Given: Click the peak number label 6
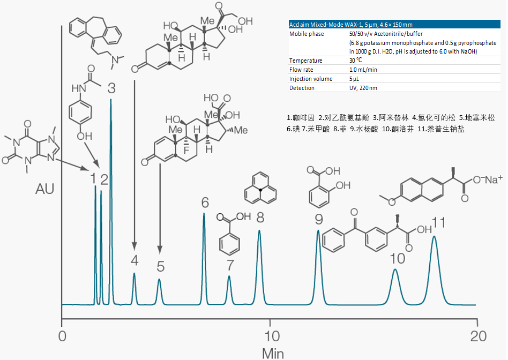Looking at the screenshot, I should [x=205, y=203].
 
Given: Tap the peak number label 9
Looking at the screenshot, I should [x=319, y=219].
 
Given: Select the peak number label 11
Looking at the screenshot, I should [x=439, y=222].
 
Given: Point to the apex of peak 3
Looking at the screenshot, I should [x=111, y=99].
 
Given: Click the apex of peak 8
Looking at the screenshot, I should [x=259, y=231].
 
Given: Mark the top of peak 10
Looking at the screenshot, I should [x=395, y=269].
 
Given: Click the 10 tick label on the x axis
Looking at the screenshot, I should [x=273, y=336].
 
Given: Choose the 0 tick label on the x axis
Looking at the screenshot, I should [x=63, y=336].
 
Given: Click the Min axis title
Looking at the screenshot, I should [x=273, y=353].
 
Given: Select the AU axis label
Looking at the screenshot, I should [x=44, y=189].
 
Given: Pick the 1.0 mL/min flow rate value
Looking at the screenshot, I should [x=363, y=70].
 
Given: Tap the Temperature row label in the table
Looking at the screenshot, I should [x=306, y=61].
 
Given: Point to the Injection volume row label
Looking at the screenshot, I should [x=311, y=79].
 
